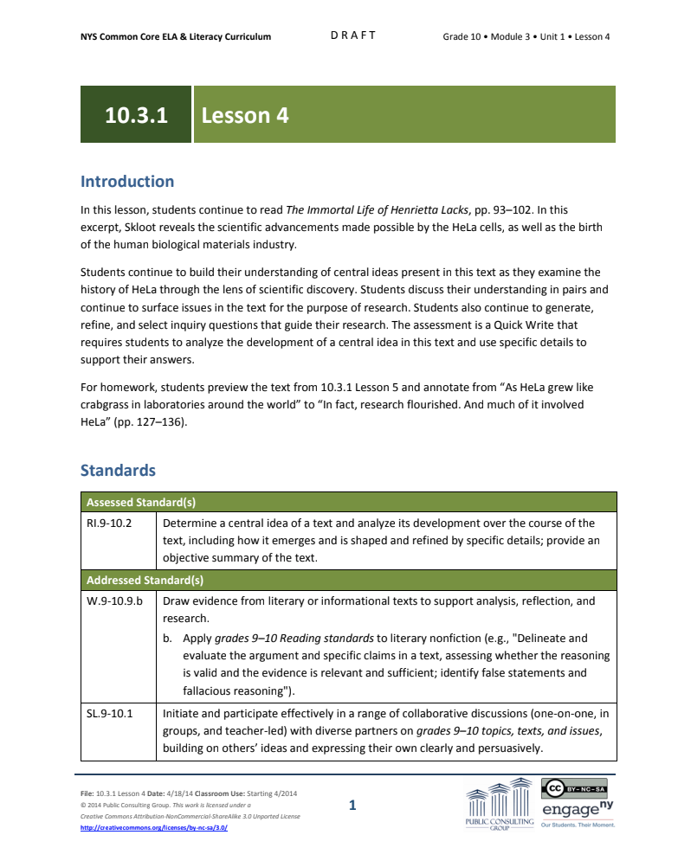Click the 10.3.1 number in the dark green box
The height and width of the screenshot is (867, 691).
[x=136, y=115]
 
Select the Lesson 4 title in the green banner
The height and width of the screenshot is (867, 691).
[x=245, y=115]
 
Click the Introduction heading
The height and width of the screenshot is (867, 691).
[x=127, y=182]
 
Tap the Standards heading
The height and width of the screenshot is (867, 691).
[x=118, y=471]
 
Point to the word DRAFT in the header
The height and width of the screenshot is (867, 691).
[x=353, y=35]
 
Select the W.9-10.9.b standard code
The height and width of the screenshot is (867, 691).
[x=115, y=600]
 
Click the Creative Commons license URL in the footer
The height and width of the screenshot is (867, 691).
[x=154, y=827]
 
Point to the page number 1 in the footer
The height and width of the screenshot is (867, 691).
[x=352, y=806]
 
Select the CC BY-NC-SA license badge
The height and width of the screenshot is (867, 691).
[x=574, y=788]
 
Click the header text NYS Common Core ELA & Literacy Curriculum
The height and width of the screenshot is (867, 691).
[x=176, y=36]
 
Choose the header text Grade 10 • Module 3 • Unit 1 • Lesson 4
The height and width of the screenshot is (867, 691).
[x=526, y=36]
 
